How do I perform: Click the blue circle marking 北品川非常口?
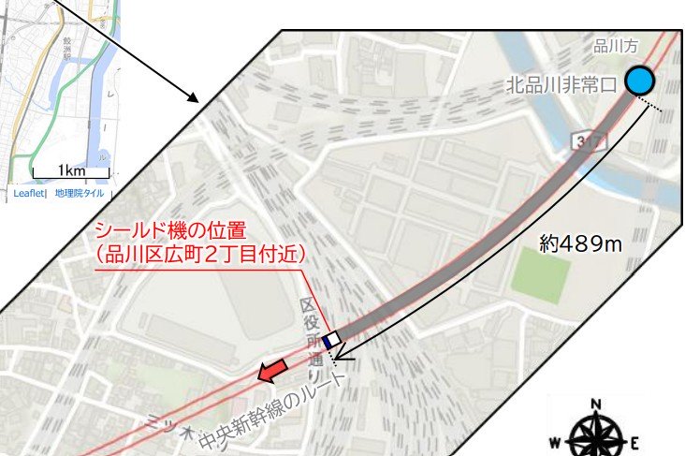point(640,81)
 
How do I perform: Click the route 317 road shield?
point(586,140)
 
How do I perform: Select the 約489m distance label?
point(581,244)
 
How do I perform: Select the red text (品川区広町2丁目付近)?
point(201,254)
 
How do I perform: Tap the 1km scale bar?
point(71,172)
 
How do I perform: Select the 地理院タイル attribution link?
point(80,194)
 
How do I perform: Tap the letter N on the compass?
point(595,405)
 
